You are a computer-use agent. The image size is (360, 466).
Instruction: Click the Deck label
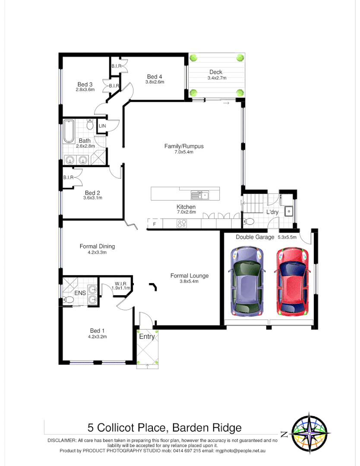tap(216, 72)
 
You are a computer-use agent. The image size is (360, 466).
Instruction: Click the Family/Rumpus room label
tap(184, 146)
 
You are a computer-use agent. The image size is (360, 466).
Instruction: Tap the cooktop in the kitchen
tap(182, 224)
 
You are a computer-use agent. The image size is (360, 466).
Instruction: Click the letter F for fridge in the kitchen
tap(154, 224)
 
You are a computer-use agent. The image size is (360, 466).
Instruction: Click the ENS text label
tap(80, 293)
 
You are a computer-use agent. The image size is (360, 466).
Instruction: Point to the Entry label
tap(146, 337)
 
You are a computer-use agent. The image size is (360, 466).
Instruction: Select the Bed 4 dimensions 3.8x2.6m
tap(155, 82)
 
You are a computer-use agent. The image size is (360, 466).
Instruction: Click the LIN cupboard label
tap(102, 126)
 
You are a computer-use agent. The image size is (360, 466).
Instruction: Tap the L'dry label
tap(272, 212)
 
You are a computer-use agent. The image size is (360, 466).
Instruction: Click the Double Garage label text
tap(255, 237)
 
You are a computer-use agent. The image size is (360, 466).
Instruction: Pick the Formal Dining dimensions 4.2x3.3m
tap(97, 252)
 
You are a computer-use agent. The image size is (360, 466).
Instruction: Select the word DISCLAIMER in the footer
tap(62, 440)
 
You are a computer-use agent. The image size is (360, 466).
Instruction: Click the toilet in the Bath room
tap(90, 125)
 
